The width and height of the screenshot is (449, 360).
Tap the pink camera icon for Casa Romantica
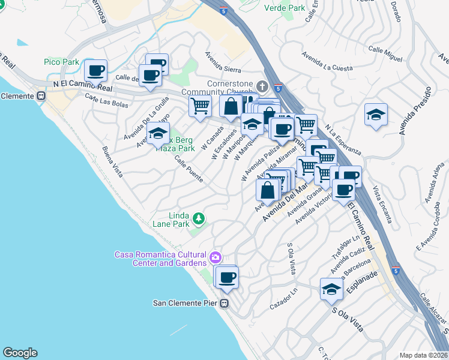pyautogui.click(x=215, y=258)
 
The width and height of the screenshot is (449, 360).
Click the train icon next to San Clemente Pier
pyautogui.click(x=225, y=303)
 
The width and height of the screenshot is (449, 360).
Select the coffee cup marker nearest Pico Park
pyautogui.click(x=95, y=71)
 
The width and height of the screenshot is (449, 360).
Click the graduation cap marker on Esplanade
pyautogui.click(x=331, y=289)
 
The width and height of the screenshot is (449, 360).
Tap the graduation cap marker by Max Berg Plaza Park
pyautogui.click(x=158, y=133)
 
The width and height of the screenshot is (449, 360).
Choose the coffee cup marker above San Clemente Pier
pyautogui.click(x=227, y=277)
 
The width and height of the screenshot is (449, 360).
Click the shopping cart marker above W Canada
pyautogui.click(x=200, y=106)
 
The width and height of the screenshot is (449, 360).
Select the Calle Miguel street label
pyautogui.click(x=385, y=53)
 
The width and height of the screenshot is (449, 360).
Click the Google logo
pyautogui.click(x=20, y=353)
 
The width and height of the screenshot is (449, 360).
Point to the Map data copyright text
pyautogui.click(x=423, y=355)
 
